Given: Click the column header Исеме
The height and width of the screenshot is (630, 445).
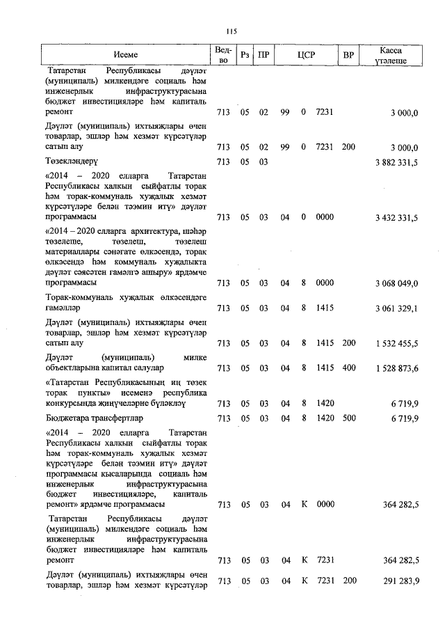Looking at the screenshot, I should (126, 54).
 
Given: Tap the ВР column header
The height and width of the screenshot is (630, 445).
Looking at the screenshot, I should (348, 54).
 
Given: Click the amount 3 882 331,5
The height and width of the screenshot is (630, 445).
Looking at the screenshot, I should (394, 162).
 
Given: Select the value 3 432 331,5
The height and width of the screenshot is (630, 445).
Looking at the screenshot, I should (394, 218).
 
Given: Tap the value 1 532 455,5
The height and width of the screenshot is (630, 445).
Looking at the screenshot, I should (394, 343).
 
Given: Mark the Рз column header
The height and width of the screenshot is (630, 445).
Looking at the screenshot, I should (245, 54).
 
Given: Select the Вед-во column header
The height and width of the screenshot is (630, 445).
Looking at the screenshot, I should (223, 54).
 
